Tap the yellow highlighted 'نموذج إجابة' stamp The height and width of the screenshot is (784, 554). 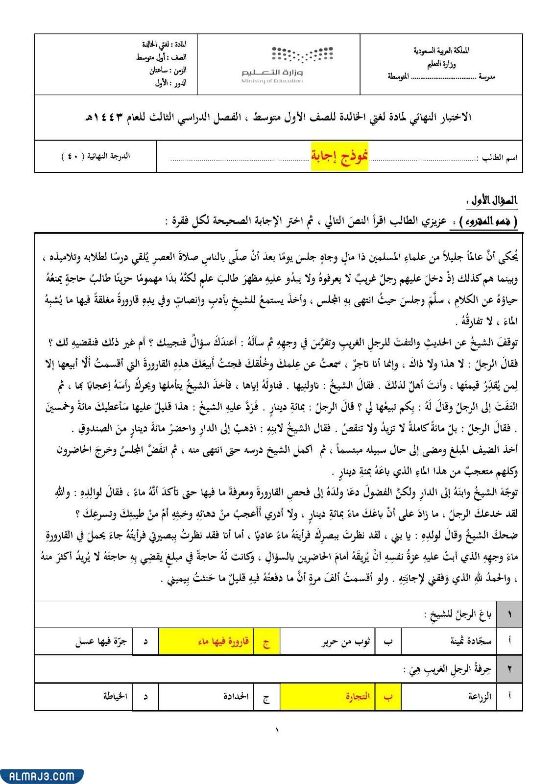coord(339,156)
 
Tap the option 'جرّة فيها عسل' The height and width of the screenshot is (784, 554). coord(101,641)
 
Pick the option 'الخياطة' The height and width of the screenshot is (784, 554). coord(116,696)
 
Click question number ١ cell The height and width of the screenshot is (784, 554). coord(509,614)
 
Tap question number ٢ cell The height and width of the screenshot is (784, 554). coord(509,669)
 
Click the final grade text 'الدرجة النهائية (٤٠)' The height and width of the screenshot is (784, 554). coord(96,156)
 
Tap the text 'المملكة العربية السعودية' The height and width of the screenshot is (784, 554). coord(441,50)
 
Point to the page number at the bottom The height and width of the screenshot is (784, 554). coord(277,731)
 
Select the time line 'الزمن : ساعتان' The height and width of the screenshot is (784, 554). coord(168,70)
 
